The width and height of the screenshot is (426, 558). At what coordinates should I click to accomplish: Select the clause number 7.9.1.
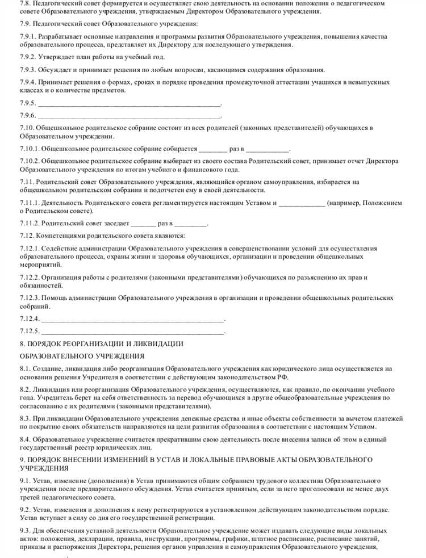click(x=29, y=37)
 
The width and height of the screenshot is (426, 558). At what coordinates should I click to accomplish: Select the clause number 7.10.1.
click(x=31, y=149)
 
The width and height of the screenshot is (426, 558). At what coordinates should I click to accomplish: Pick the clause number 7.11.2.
click(x=31, y=223)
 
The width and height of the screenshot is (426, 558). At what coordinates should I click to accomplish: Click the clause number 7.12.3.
click(x=31, y=297)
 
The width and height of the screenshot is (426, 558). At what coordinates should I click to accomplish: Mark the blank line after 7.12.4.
click(x=133, y=318)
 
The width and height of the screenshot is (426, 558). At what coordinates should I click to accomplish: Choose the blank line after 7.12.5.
click(x=133, y=331)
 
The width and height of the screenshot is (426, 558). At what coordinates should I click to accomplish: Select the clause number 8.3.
click(x=26, y=418)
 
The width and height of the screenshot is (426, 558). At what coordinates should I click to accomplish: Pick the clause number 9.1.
click(x=26, y=481)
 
